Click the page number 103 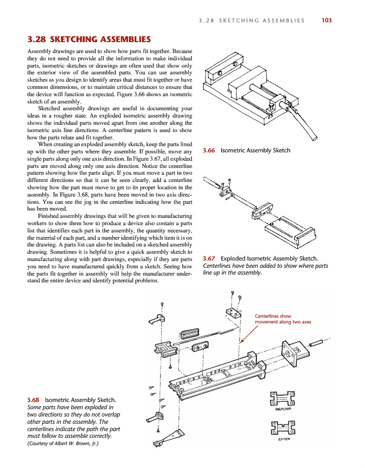pos(327,20)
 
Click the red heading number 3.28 pos(37,39)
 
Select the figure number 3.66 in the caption pos(208,150)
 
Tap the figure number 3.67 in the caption pos(208,258)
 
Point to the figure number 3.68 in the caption pos(33,399)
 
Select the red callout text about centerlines pos(282,319)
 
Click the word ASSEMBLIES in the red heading pos(125,39)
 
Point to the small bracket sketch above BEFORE pos(282,399)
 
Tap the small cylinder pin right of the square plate pos(316,344)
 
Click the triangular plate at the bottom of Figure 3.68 pos(172,437)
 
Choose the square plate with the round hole pos(289,351)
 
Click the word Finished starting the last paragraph pos(50,215)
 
